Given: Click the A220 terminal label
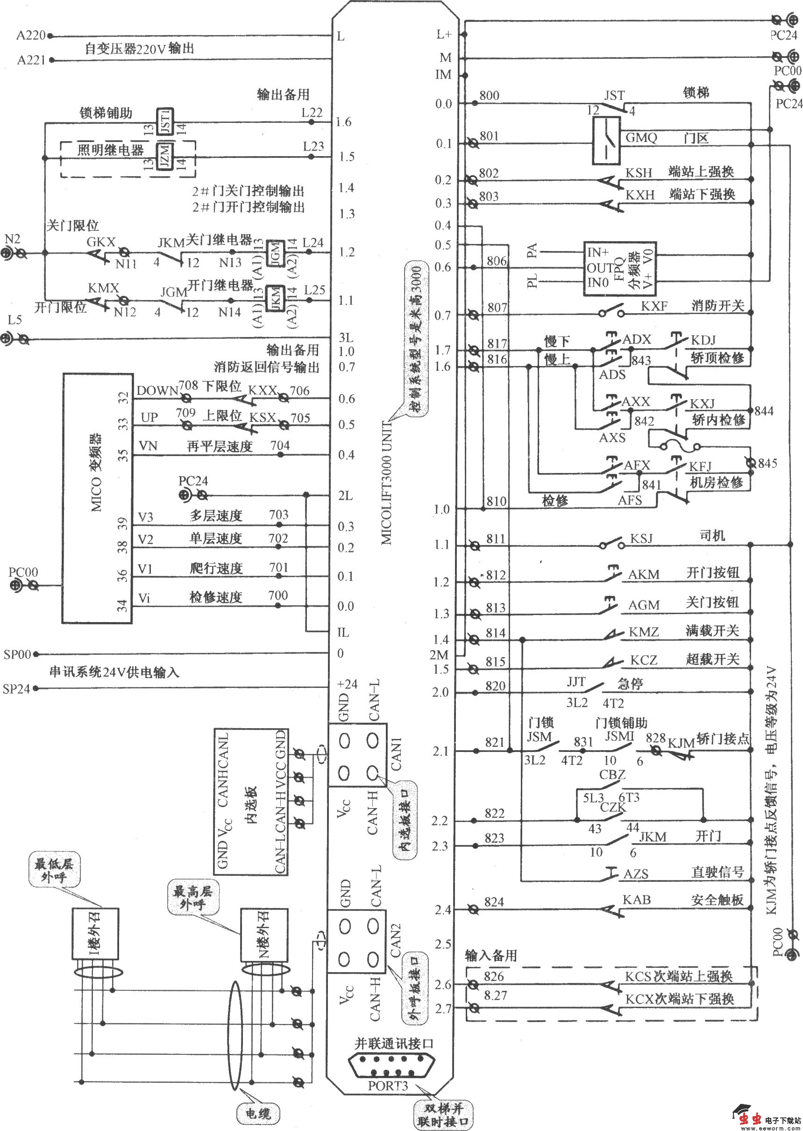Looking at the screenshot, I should [x=31, y=36].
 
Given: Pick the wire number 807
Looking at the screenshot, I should [x=497, y=307].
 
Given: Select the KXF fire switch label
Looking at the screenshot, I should [x=654, y=306].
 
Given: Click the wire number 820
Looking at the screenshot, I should [x=495, y=686].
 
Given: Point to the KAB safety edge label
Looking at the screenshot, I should [x=637, y=900].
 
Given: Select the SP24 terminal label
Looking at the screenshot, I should [x=16, y=689].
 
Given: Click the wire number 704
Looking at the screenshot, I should [x=280, y=445].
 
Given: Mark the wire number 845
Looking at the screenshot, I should [x=767, y=463].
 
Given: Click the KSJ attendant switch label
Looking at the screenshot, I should [x=641, y=538].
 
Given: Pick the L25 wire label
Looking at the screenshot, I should [x=314, y=289].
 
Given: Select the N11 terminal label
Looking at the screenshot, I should [x=126, y=264].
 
